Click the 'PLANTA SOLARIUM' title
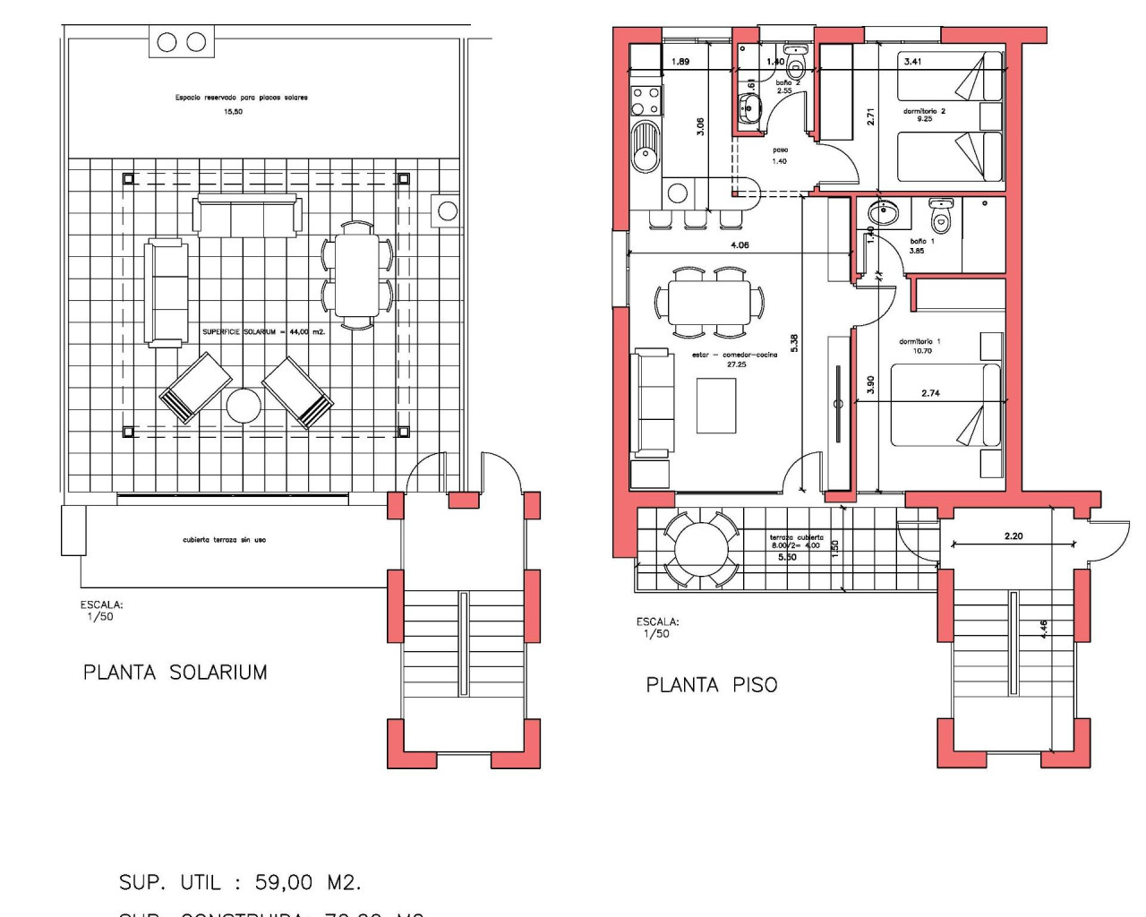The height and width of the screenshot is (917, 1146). click(175, 673)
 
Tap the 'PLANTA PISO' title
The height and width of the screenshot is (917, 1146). click(712, 685)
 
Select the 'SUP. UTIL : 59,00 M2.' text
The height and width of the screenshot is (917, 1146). click(240, 882)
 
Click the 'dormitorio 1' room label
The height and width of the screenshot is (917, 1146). click(920, 341)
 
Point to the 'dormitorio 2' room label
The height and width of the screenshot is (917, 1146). click(924, 111)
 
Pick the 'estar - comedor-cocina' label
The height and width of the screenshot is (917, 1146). click(734, 355)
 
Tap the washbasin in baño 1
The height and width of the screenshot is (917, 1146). click(884, 213)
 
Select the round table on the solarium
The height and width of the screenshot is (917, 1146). click(243, 406)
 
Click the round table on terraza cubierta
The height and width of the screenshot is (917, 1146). click(701, 548)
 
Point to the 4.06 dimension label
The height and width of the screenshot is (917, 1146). click(740, 244)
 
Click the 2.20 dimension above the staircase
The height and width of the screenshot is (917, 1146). click(1013, 536)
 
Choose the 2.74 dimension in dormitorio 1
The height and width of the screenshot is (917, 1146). click(930, 393)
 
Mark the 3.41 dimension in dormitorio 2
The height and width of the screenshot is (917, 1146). click(912, 62)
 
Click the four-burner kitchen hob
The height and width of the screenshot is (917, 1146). click(646, 100)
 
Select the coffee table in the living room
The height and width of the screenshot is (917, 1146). click(716, 406)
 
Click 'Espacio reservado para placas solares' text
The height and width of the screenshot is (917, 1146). click(241, 98)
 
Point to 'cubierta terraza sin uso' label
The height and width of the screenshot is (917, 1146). click(224, 540)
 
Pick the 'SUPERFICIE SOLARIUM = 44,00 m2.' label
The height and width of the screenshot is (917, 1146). click(263, 331)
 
